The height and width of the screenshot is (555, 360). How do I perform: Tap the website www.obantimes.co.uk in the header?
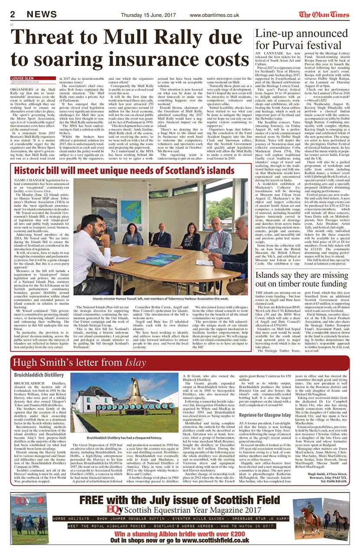coord(214,15)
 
